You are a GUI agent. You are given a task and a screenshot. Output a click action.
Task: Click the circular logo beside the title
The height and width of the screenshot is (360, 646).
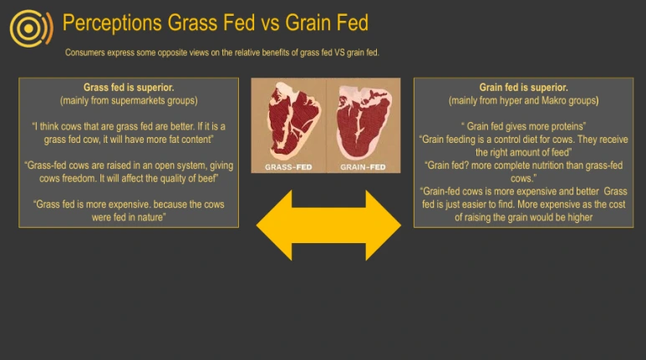31,28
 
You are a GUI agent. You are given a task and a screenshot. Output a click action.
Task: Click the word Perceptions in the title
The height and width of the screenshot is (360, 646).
112,23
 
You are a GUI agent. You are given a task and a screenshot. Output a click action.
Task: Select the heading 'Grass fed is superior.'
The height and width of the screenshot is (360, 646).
129,88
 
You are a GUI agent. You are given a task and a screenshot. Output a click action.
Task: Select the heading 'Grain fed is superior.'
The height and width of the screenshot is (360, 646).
523,88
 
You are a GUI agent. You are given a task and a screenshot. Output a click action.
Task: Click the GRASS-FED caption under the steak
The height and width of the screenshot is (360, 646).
288,167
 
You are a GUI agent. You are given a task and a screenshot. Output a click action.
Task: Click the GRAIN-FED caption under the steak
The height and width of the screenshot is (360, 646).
363,167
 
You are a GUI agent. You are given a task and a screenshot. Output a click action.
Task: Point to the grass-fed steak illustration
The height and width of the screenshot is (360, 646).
292,120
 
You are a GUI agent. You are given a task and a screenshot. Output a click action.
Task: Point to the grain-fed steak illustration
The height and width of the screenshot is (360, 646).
363,121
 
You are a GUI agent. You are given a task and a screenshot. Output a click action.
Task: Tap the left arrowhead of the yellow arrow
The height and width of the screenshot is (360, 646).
274,226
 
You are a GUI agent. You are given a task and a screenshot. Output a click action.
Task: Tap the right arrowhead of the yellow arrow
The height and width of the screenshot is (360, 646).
383,226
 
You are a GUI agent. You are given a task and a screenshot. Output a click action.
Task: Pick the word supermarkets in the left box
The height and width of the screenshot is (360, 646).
138,101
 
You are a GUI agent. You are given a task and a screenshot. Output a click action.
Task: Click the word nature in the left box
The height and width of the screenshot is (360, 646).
151,217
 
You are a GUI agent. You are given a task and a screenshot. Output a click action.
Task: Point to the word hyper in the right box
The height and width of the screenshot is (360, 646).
511,101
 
